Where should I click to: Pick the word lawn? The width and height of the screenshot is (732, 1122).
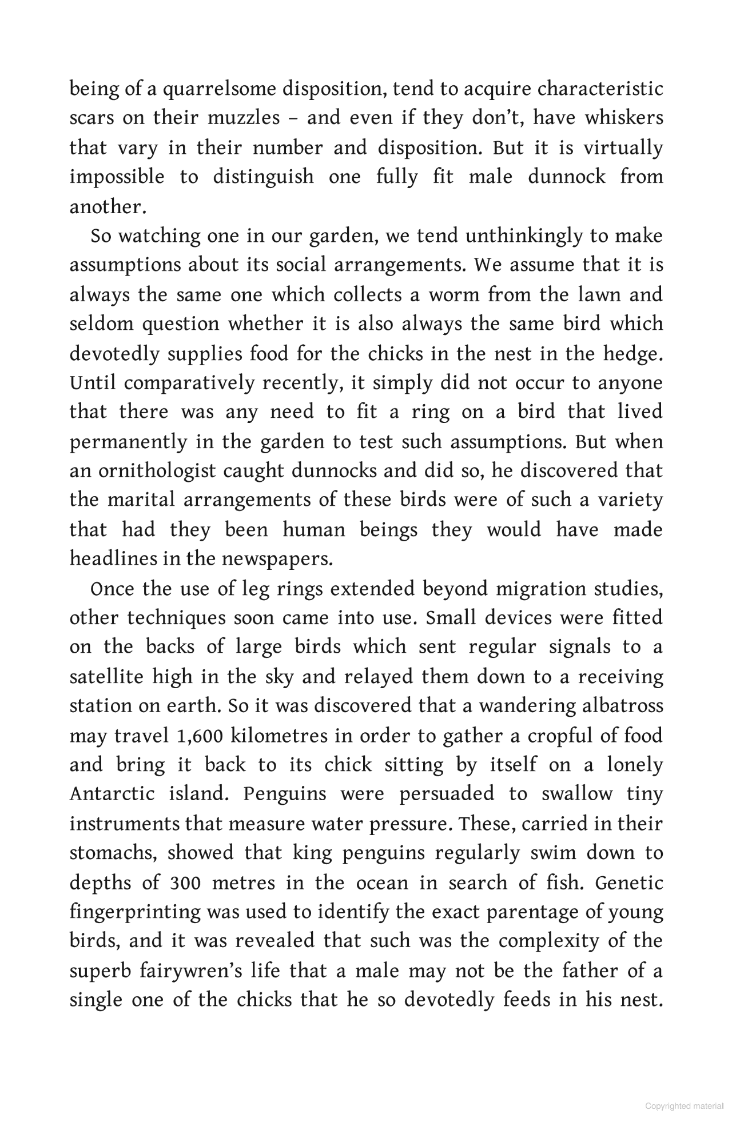point(599,296)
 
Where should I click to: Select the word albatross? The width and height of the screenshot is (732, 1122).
point(623,706)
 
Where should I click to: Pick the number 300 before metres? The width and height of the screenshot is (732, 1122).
point(185,883)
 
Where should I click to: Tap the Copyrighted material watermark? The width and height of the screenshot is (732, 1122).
point(684,1106)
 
